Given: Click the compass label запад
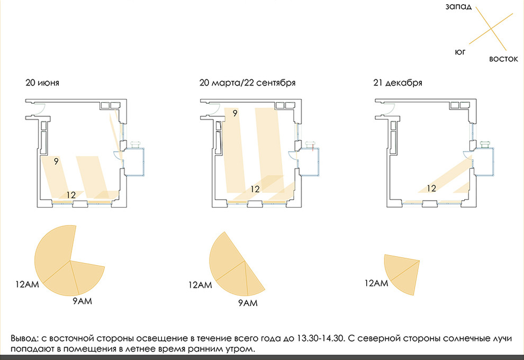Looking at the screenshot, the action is (458, 7).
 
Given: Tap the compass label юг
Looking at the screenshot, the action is (460, 52).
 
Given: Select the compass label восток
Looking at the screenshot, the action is (503, 59).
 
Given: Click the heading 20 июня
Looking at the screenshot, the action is (42, 83).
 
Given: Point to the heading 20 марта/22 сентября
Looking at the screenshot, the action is (247, 83).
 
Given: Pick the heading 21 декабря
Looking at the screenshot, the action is (397, 83).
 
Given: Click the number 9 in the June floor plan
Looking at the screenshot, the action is (56, 161).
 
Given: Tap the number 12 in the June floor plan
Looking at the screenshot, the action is (71, 195).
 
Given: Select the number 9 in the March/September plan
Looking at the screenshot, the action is (235, 113).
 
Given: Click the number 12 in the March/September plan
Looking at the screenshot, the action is (255, 189).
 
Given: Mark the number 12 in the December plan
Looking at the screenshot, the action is (431, 188).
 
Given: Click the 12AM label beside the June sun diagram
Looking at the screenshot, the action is (27, 284).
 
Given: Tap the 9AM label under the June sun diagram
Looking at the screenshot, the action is (82, 301).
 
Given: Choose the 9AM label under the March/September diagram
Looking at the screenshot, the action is (248, 303).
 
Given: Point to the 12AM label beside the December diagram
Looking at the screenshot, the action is (376, 283).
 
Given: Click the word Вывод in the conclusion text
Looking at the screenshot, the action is (25, 339).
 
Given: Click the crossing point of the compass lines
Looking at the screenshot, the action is (491, 29).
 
